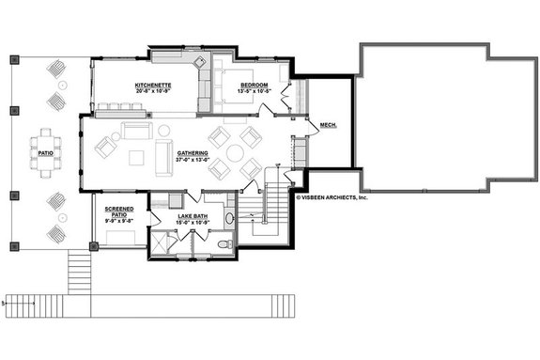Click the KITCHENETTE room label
click(x=152, y=85)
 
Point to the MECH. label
click(x=328, y=124)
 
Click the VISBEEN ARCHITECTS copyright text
click(x=333, y=197)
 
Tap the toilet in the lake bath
click(x=224, y=243)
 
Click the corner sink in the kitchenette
click(x=199, y=62)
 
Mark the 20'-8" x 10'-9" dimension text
click(x=152, y=91)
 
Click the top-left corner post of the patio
click(x=13, y=59)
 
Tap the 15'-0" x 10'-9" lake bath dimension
click(x=193, y=223)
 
